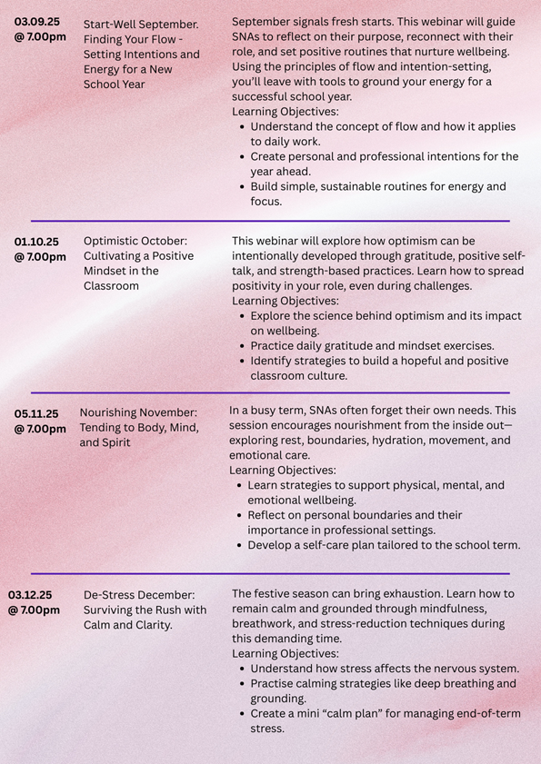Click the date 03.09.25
[37, 21]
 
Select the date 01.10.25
[37, 241]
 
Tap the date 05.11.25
[37, 412]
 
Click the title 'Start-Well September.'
[142, 25]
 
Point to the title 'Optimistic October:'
[135, 241]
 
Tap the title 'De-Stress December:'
[139, 594]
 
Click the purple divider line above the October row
[270, 221]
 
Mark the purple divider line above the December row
[270, 573]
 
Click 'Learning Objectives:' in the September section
[285, 112]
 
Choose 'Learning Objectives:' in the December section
[285, 653]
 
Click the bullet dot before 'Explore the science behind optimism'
[241, 316]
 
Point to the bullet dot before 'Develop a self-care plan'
[238, 546]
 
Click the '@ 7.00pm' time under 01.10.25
[40, 257]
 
